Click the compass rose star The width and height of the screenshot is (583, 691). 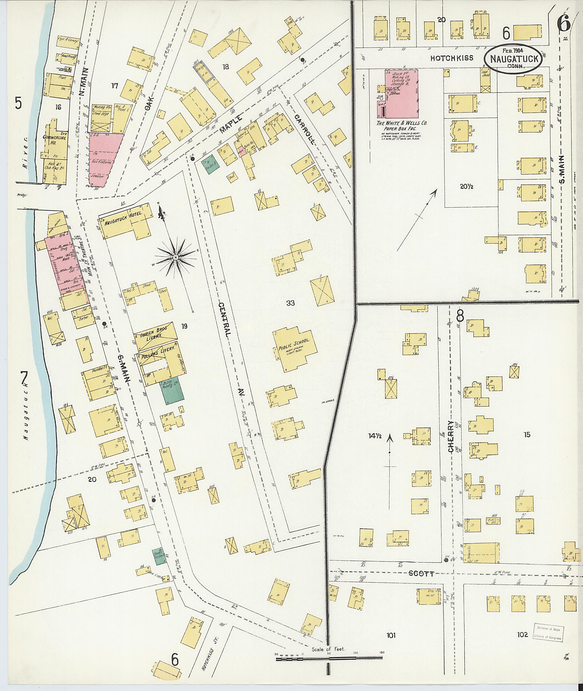[x=176, y=257]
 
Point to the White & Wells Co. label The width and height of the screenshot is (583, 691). [x=402, y=125]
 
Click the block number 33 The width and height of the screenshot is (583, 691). [x=291, y=303]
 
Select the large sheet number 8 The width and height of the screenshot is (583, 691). [x=460, y=317]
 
